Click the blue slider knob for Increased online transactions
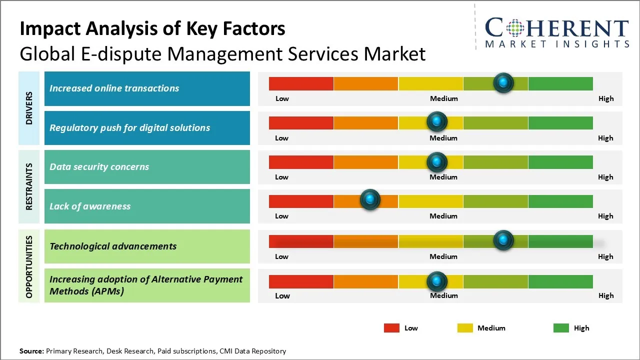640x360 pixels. pos(503,83)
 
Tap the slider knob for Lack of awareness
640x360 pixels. pos(370,199)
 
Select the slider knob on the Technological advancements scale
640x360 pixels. pos(503,240)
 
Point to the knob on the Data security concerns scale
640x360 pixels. pos(437,162)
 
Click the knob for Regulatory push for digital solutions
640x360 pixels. pos(437,121)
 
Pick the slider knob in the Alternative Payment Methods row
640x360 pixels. pos(437,281)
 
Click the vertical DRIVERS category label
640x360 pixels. pos(29,108)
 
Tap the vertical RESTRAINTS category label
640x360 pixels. pos(29,186)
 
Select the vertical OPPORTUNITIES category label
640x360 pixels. pos(29,267)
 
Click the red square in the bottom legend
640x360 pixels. pos(391,328)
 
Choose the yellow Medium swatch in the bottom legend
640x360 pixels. pos(465,328)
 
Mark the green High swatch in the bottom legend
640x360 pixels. pos(561,328)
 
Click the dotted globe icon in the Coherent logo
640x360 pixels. pos(515,28)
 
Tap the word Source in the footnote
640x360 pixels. pos(31,351)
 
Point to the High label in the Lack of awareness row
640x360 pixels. pos(605,216)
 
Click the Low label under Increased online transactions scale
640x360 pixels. pos(282,98)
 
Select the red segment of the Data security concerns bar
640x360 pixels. pos(301,162)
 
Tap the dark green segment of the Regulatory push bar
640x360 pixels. pos(560,123)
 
